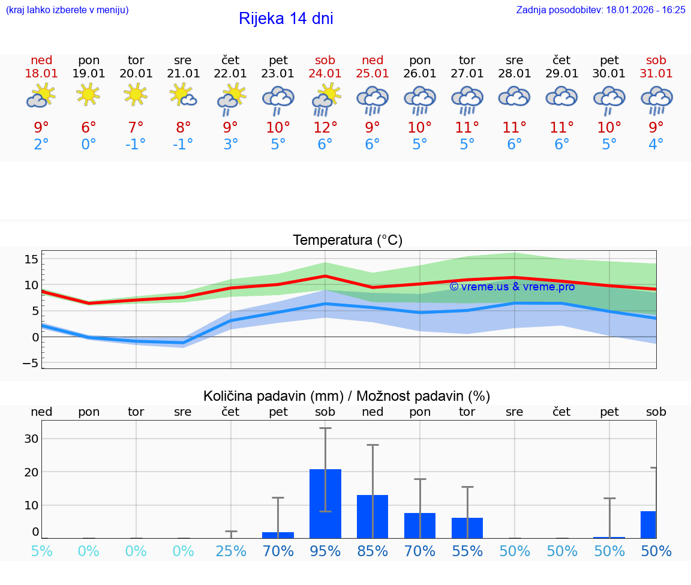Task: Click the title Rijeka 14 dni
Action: (286, 19)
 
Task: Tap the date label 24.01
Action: (325, 73)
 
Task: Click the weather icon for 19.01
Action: (89, 95)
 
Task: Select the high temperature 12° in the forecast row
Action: (325, 128)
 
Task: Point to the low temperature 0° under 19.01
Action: (89, 144)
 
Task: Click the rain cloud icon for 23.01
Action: (278, 100)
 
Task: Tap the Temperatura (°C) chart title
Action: (347, 241)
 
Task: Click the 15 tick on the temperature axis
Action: (32, 259)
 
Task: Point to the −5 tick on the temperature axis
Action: (32, 363)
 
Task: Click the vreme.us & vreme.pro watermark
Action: (512, 287)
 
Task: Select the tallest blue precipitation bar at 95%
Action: (325, 503)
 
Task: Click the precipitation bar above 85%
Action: (372, 516)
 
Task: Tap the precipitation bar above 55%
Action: (467, 527)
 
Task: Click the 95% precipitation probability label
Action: (325, 551)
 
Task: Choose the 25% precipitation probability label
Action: (231, 551)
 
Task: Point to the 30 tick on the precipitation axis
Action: (32, 439)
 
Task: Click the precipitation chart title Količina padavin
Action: (347, 396)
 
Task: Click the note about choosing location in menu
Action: (67, 10)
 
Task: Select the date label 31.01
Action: (656, 73)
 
